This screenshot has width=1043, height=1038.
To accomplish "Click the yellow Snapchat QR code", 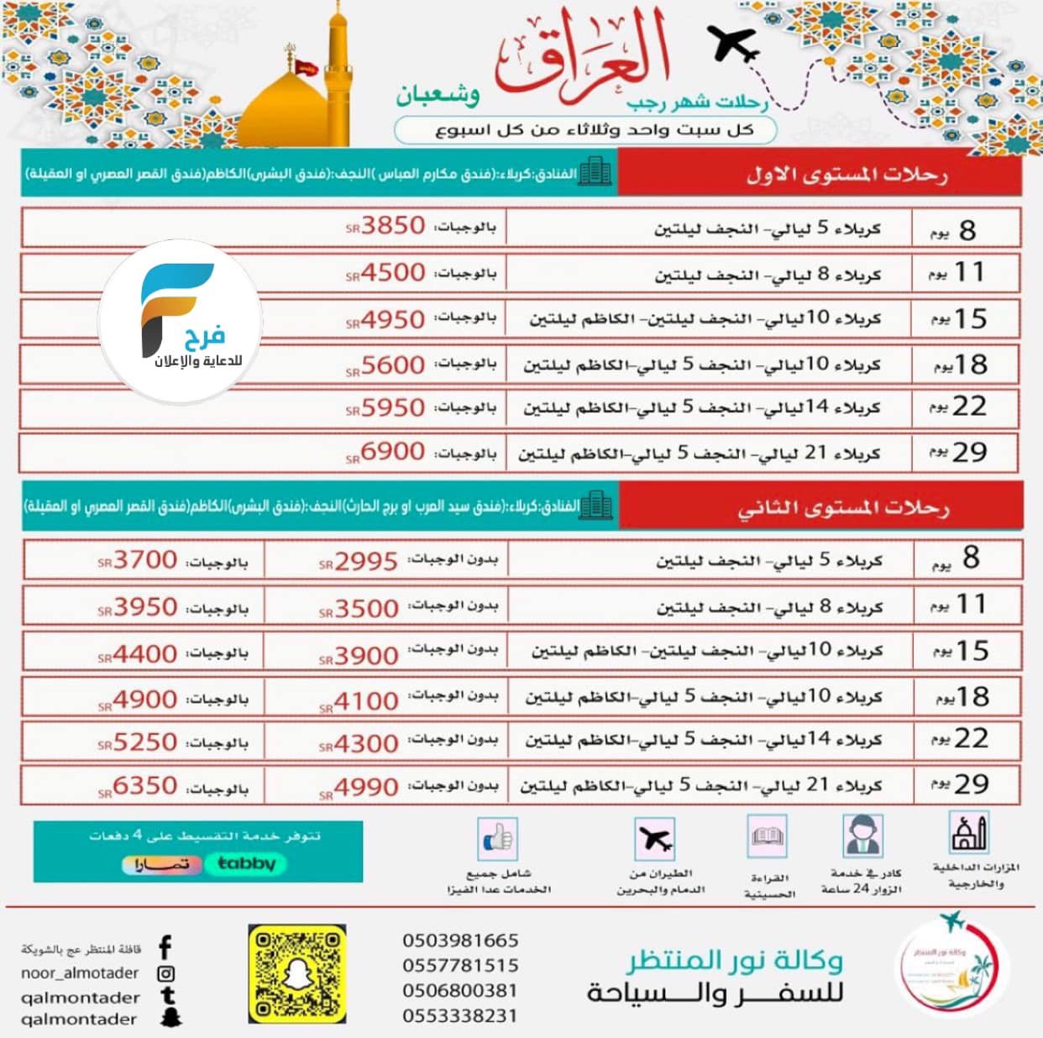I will coord(297,974).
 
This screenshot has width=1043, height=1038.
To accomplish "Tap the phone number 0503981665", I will coord(460,941).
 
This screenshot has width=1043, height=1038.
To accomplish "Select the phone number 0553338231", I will coord(460,1015).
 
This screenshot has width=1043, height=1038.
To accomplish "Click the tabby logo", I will coord(246,863).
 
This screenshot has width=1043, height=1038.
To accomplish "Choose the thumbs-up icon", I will coord(498,838).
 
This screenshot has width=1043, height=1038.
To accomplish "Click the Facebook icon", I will coord(165,948).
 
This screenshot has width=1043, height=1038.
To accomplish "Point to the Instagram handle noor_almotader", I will coord(80,973).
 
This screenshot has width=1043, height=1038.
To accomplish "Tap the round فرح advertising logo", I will coord(181,322).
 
